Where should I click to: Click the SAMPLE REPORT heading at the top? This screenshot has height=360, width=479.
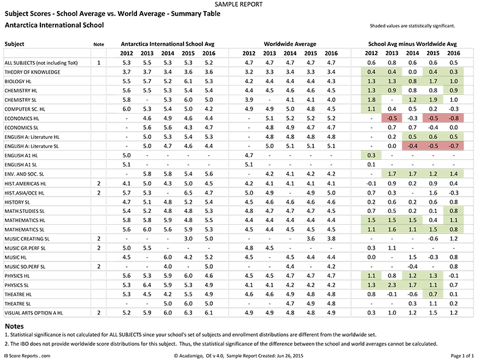coord(239,4)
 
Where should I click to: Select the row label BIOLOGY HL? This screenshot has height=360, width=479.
coord(18,81)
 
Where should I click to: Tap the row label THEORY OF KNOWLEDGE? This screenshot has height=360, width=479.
coord(32,72)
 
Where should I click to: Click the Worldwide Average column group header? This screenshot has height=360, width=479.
coord(290,44)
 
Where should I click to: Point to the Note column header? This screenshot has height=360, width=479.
coord(98,44)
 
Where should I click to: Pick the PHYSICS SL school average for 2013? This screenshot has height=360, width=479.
coord(147,285)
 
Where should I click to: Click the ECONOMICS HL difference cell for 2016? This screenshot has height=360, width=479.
coord(454,118)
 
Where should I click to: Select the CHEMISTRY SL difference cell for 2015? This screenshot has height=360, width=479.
coord(433,100)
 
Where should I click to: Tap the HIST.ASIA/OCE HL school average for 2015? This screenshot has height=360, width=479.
coord(188,193)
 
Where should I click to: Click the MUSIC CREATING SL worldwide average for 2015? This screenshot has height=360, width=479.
coord(311,239)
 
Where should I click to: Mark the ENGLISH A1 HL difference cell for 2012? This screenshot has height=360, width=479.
coord(371,156)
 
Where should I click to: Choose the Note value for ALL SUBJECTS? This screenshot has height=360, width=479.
coord(98,62)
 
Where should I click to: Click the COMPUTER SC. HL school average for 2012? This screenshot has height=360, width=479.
coord(127,109)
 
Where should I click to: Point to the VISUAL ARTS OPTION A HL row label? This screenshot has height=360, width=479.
coord(34,313)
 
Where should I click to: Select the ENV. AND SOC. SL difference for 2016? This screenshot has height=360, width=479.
coord(454,174)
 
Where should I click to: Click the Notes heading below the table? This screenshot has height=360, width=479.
coord(14,326)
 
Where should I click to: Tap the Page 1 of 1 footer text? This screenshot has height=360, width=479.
coord(462,356)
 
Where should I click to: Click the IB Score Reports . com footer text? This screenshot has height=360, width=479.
coord(27,356)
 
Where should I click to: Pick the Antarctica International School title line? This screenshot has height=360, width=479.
coord(54,25)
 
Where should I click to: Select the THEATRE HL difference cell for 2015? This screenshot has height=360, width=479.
coord(433,294)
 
